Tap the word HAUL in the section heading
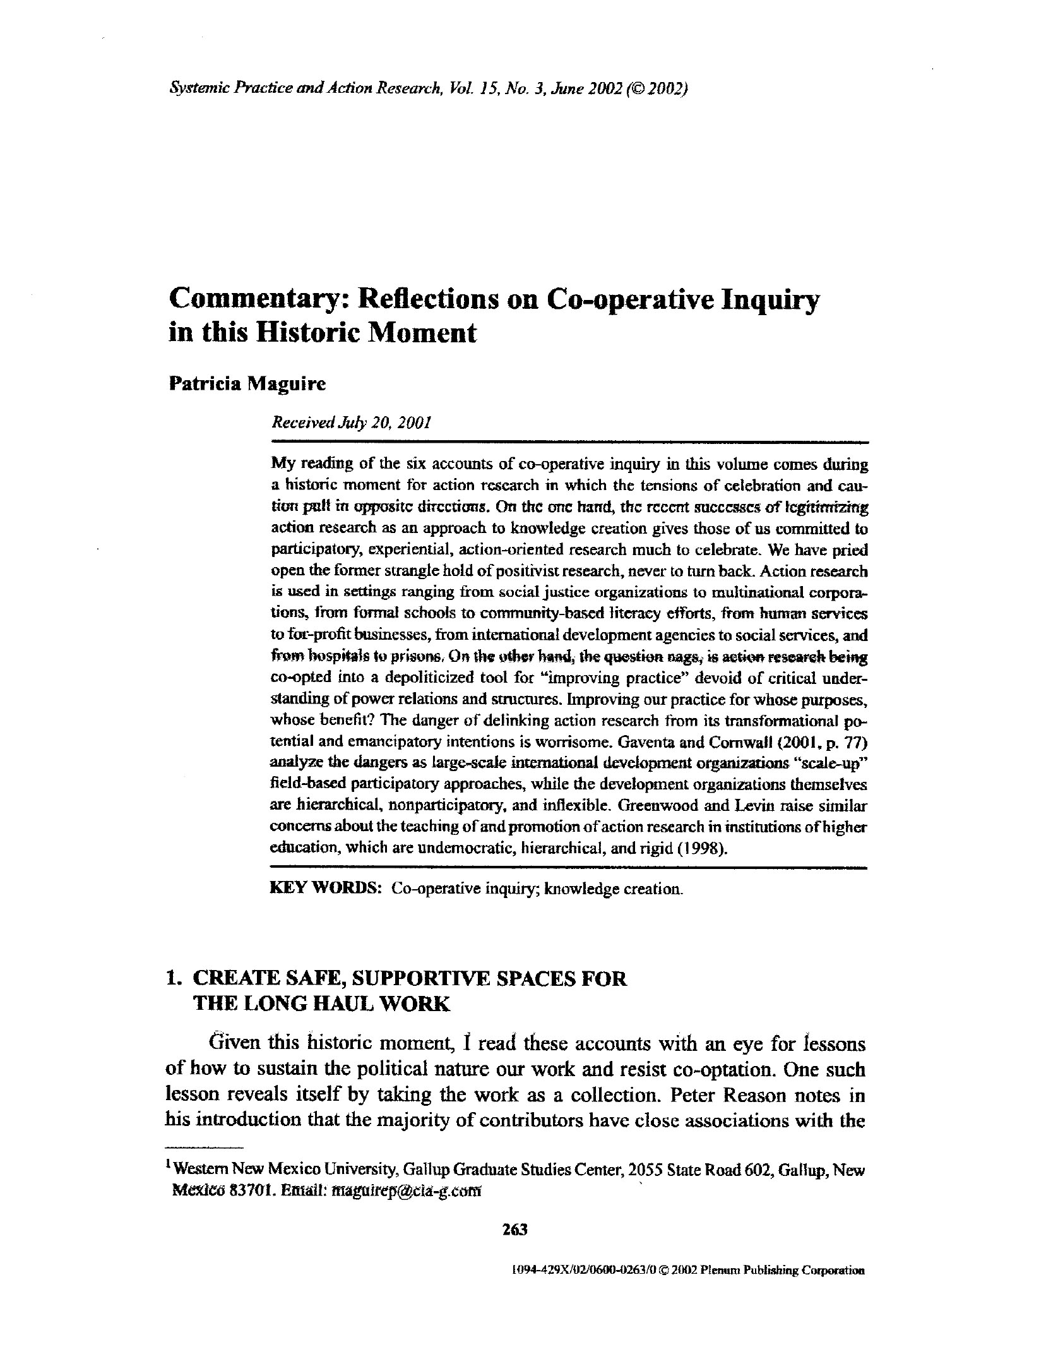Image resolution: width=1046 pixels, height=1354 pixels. tap(339, 1004)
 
